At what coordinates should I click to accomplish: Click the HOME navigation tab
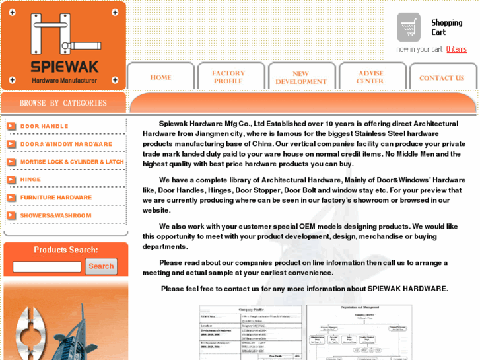click(160, 77)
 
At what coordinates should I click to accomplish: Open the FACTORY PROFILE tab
click(228, 77)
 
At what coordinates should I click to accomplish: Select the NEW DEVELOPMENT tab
click(301, 78)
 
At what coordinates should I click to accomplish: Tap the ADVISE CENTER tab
click(370, 77)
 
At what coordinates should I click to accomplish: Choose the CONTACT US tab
click(442, 78)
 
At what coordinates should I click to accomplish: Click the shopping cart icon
click(409, 27)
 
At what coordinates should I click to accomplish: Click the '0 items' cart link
click(456, 49)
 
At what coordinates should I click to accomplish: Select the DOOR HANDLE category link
click(44, 126)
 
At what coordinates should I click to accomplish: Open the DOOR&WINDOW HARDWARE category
click(66, 144)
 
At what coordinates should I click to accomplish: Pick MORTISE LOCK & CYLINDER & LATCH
click(72, 162)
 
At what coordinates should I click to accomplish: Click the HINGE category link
click(30, 180)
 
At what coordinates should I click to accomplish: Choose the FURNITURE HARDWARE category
click(56, 198)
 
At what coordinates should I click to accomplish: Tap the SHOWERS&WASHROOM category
click(55, 215)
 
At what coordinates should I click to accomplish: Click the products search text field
click(47, 267)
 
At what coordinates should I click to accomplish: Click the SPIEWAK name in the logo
click(64, 66)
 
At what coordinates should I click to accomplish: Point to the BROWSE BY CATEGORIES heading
click(63, 103)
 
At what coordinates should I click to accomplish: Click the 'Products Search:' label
click(65, 250)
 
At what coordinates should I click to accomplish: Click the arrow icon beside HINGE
click(11, 180)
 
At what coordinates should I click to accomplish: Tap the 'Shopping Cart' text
click(446, 27)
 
